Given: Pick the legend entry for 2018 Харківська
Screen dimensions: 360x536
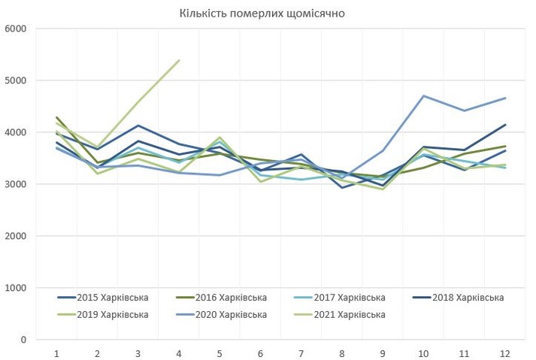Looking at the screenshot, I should click(x=468, y=298).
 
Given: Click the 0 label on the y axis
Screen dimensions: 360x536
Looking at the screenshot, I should click(x=23, y=340).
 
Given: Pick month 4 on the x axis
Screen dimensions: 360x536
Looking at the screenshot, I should click(x=179, y=352).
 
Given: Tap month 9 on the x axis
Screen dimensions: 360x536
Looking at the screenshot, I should click(x=383, y=352).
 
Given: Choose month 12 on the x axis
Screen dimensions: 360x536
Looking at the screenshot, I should click(x=504, y=352).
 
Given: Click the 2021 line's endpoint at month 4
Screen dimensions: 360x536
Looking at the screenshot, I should click(x=179, y=60).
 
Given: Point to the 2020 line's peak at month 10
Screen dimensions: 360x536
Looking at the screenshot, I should click(x=423, y=95).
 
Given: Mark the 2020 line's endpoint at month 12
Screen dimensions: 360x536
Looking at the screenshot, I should click(x=504, y=98).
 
